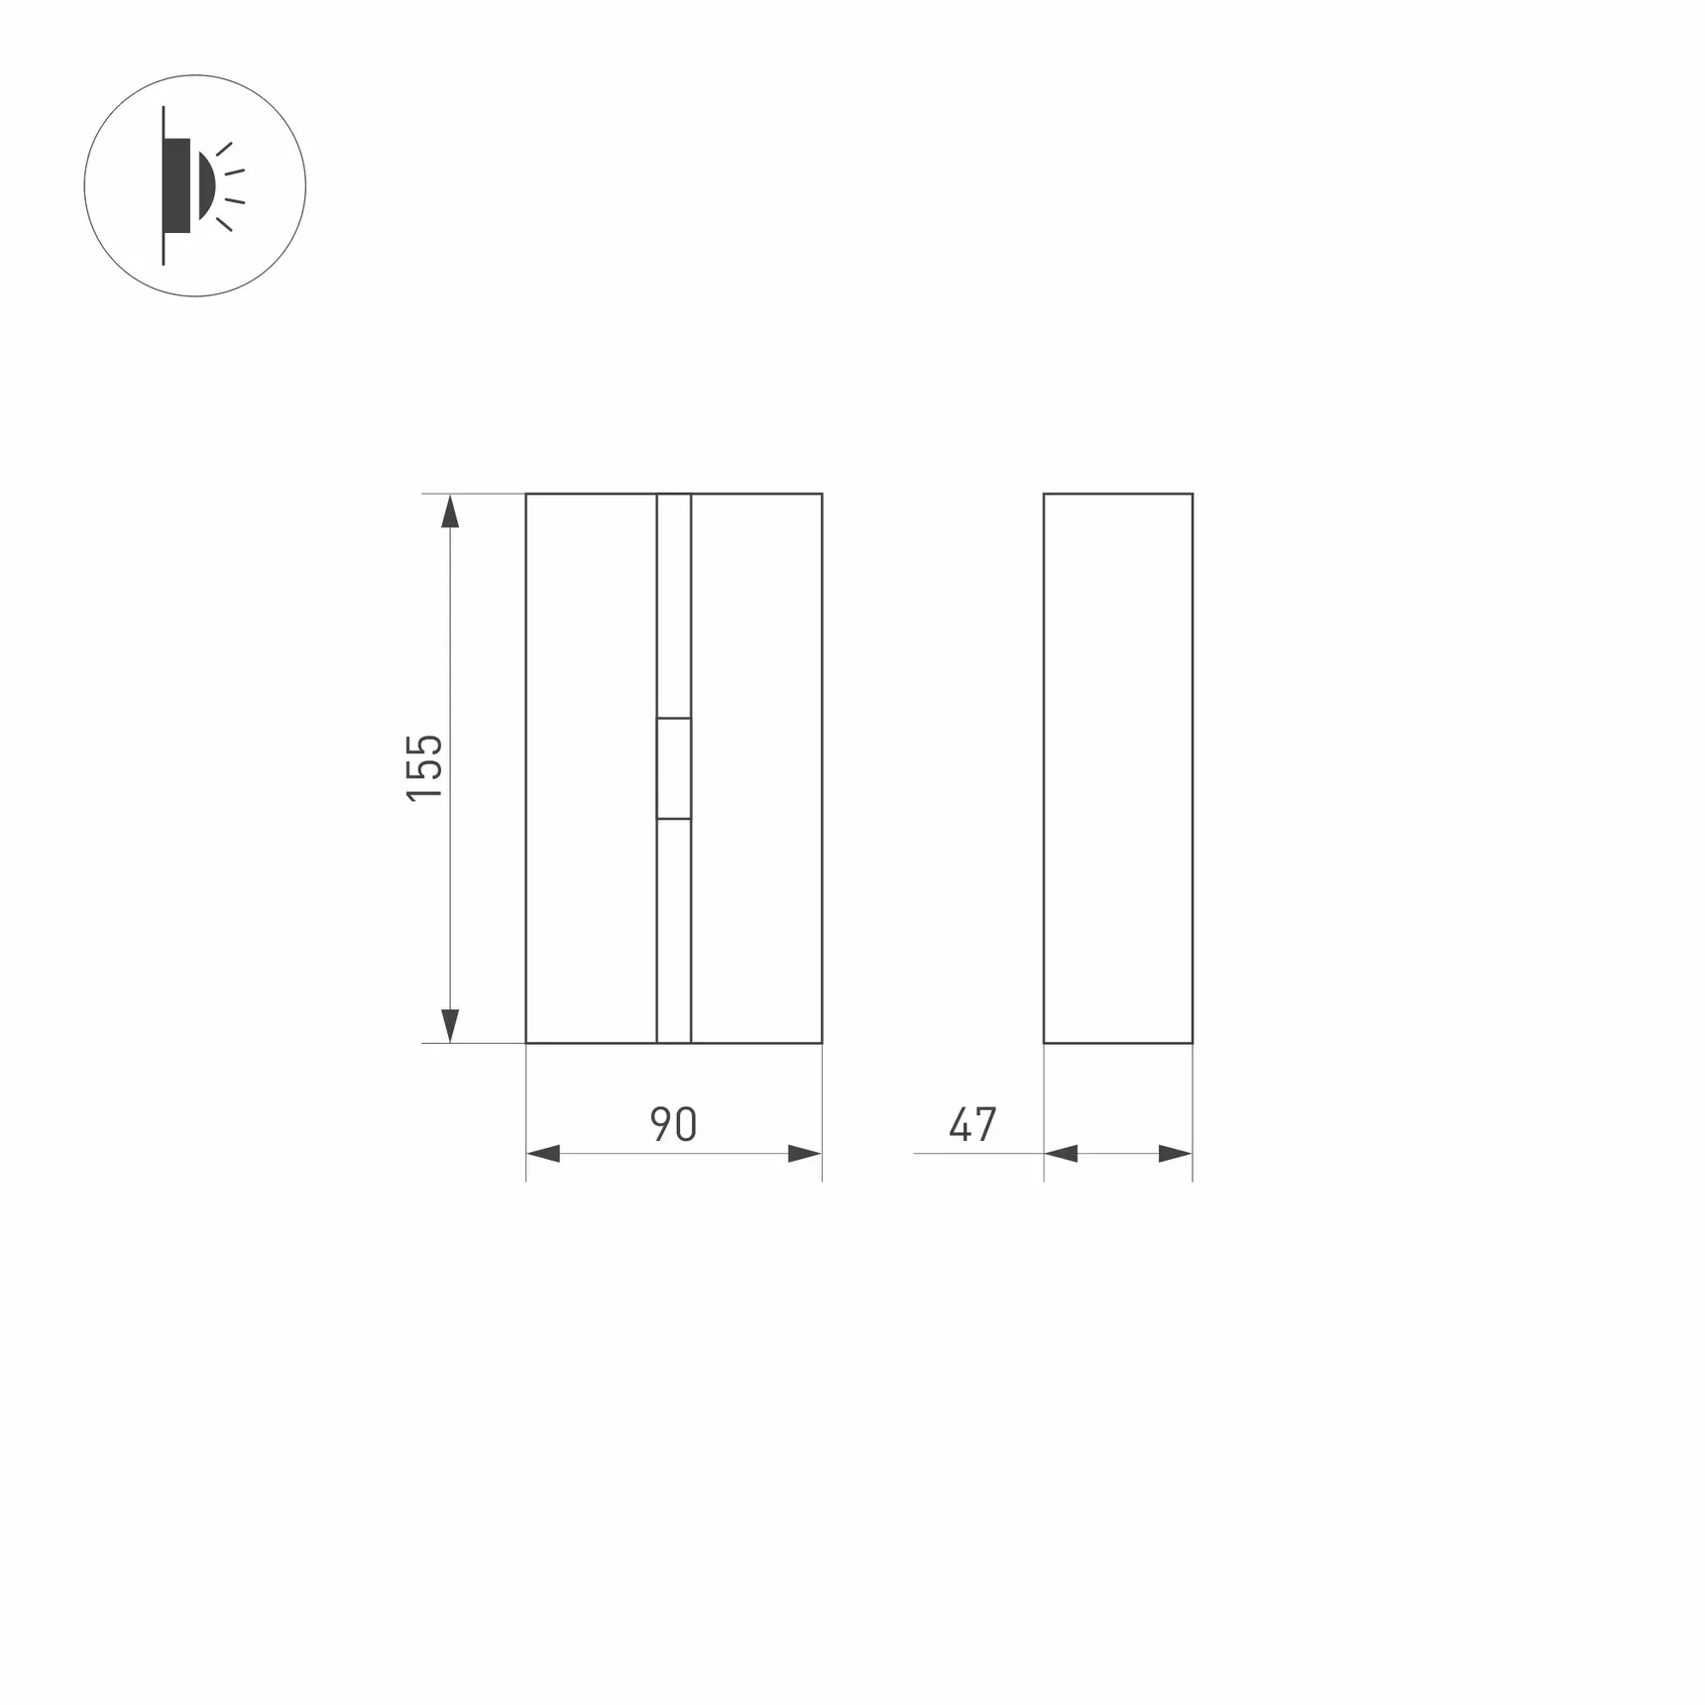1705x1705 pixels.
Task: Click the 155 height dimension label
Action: [x=424, y=767]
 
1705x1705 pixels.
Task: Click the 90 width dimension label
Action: [x=674, y=1124]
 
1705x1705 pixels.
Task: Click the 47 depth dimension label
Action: [x=972, y=1124]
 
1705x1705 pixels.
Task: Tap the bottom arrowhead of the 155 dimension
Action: [x=450, y=1025]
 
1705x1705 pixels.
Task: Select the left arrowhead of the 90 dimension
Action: [x=543, y=1153]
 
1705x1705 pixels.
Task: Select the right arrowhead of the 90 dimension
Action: [x=804, y=1153]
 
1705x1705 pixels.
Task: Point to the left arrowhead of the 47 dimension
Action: [x=1061, y=1153]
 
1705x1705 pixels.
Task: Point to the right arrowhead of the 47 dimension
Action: [x=1175, y=1153]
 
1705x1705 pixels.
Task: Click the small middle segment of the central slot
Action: [x=674, y=768]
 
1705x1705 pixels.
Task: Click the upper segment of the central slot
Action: [x=674, y=605]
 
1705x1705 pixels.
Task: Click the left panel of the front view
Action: [x=591, y=768]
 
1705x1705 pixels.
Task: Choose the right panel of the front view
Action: [x=756, y=768]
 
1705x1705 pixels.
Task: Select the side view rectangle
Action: [x=1118, y=768]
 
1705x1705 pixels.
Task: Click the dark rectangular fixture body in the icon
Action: [x=177, y=185]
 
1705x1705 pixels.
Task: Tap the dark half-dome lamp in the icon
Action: [x=205, y=185]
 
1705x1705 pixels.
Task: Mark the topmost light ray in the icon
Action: [x=224, y=150]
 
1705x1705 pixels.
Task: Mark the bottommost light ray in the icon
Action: [x=224, y=224]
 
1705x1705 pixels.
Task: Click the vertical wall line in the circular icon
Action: [x=164, y=248]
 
